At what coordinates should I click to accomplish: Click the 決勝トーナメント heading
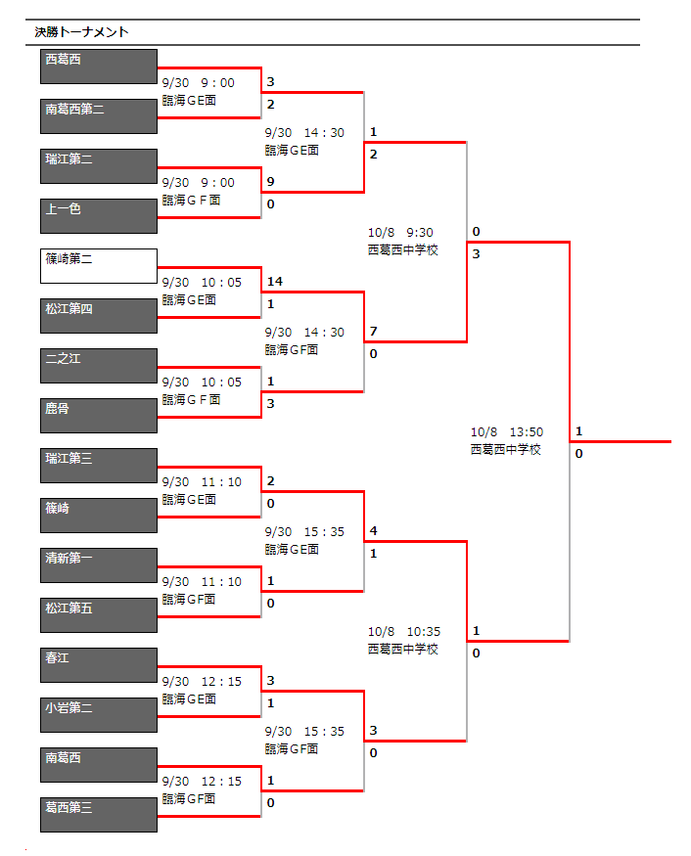point(81,32)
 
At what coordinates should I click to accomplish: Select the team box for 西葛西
point(99,67)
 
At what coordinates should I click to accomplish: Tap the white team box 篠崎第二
point(99,266)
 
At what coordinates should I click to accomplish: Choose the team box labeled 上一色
point(99,216)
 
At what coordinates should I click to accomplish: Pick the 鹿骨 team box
point(99,416)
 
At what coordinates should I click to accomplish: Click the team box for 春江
point(99,665)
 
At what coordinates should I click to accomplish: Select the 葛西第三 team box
point(99,815)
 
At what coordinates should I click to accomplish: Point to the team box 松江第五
point(99,615)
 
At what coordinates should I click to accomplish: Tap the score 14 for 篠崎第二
point(275,282)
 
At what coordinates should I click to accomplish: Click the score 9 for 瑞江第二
point(270,182)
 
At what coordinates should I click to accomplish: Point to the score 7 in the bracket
point(373,332)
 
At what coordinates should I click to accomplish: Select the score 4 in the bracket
point(373,531)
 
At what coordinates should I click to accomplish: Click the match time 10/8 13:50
point(507,432)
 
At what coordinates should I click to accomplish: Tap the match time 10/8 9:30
point(400,233)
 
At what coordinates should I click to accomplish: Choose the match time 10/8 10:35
point(404,632)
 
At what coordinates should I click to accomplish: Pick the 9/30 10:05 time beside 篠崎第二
point(202,283)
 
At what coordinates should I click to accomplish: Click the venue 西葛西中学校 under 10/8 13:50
point(506,449)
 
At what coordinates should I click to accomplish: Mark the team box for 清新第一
point(99,565)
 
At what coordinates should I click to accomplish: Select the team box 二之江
point(99,366)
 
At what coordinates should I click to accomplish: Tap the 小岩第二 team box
point(99,715)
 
